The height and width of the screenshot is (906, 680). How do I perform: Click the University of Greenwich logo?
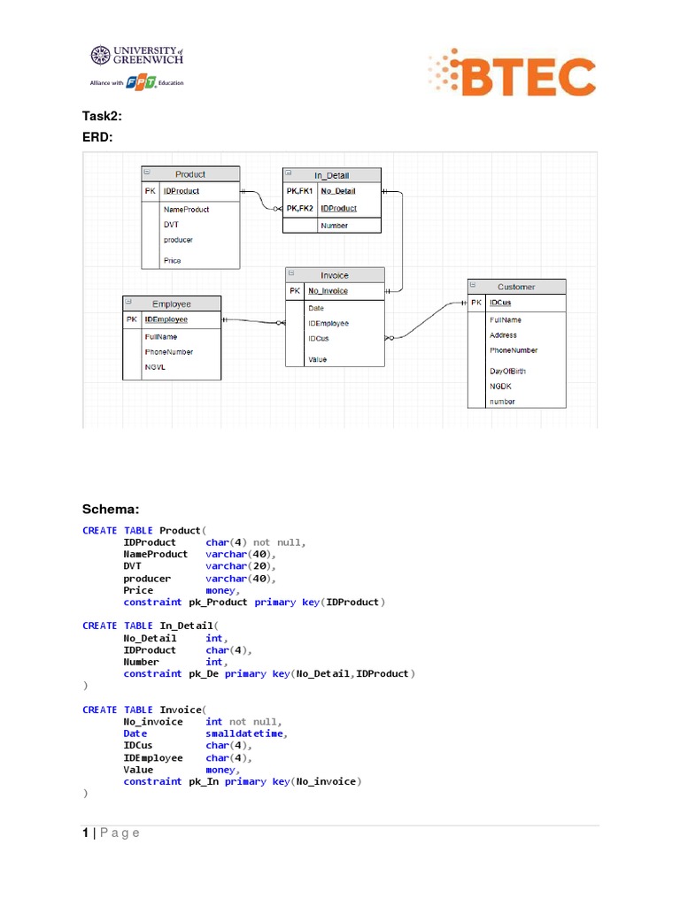[136, 56]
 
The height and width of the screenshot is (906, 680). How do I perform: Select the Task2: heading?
[102, 116]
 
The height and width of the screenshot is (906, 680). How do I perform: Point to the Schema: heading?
[111, 509]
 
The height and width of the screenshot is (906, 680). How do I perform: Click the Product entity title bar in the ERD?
[190, 174]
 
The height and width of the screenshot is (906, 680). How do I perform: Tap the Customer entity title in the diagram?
[516, 287]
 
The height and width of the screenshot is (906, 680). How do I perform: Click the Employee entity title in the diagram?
[172, 303]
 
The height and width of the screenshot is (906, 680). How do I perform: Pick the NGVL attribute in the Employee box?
[156, 366]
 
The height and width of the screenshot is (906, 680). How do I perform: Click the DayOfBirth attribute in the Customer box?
[507, 372]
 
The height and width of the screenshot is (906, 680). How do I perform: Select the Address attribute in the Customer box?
[503, 335]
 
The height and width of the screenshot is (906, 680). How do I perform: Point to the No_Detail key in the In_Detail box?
[338, 191]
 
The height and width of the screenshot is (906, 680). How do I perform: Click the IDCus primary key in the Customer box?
[500, 303]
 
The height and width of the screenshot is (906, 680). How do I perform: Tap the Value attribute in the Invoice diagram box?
[317, 359]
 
